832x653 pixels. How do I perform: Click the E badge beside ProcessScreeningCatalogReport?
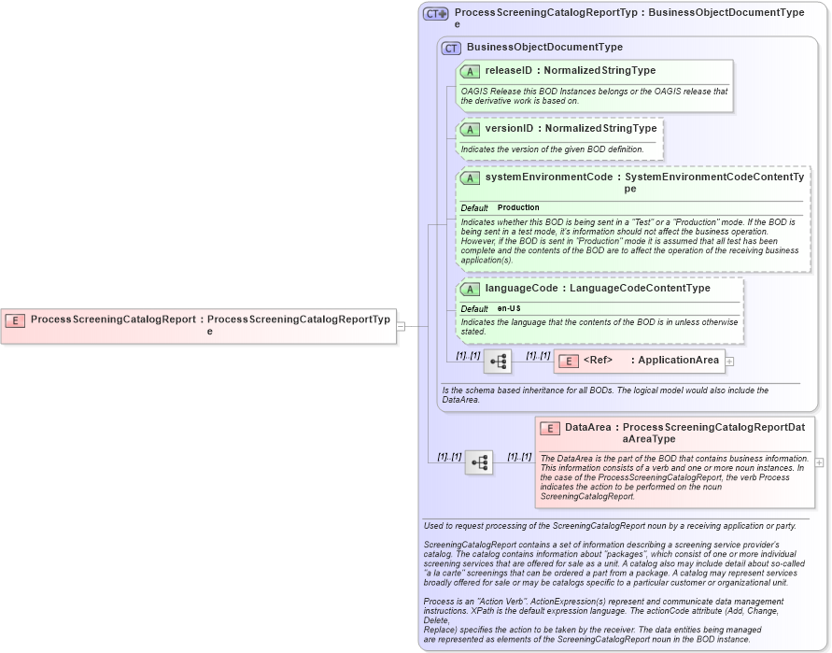click(15, 319)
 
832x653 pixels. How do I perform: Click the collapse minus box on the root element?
click(401, 326)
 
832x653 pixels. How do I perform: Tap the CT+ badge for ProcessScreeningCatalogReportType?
click(436, 13)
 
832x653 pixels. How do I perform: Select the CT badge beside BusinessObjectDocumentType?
click(451, 48)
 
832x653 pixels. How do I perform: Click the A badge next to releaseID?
click(470, 71)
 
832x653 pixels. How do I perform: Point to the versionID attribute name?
click(509, 129)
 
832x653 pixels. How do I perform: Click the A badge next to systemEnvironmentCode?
click(470, 177)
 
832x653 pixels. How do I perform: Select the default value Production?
click(518, 207)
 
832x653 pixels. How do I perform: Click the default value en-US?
click(509, 308)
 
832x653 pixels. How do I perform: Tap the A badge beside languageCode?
click(470, 289)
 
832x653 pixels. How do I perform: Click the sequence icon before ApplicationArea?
click(498, 361)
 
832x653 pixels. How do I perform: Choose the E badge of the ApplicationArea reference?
click(568, 361)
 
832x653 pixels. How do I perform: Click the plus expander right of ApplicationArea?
click(730, 361)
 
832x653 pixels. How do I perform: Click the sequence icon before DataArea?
click(479, 461)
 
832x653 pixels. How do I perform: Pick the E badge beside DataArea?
click(550, 428)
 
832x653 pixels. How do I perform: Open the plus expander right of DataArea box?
click(820, 461)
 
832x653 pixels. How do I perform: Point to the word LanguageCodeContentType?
click(640, 289)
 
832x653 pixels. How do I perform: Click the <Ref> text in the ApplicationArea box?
click(599, 361)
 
